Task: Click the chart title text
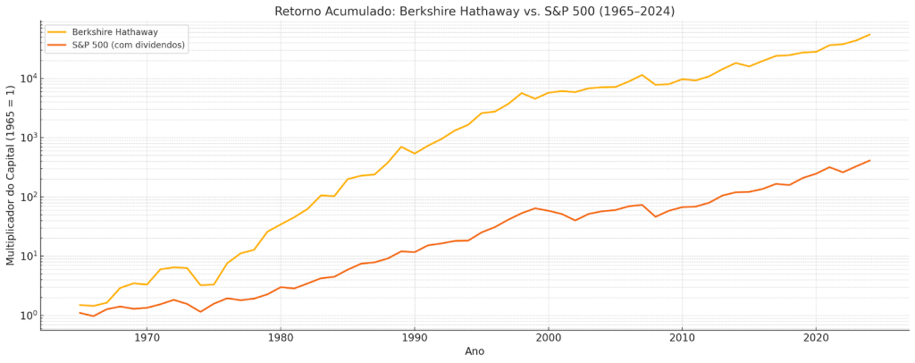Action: [474, 11]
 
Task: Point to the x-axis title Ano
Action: [474, 351]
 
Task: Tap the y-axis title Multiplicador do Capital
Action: [11, 175]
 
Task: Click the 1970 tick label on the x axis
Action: [147, 337]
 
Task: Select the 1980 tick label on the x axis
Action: [281, 337]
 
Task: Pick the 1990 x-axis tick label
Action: [414, 337]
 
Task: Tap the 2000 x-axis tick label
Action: [548, 337]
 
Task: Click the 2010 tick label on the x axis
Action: [682, 337]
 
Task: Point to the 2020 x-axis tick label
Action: [815, 337]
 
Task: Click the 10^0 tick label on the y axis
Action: [26, 315]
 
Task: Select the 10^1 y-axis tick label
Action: [26, 256]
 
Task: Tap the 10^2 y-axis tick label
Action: [26, 197]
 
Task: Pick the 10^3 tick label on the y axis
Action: [26, 138]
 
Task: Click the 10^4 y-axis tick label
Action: [26, 79]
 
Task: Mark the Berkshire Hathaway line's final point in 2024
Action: [869, 35]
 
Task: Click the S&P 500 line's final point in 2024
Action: [869, 161]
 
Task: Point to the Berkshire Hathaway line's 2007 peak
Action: [642, 75]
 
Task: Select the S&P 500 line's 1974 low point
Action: [200, 311]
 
